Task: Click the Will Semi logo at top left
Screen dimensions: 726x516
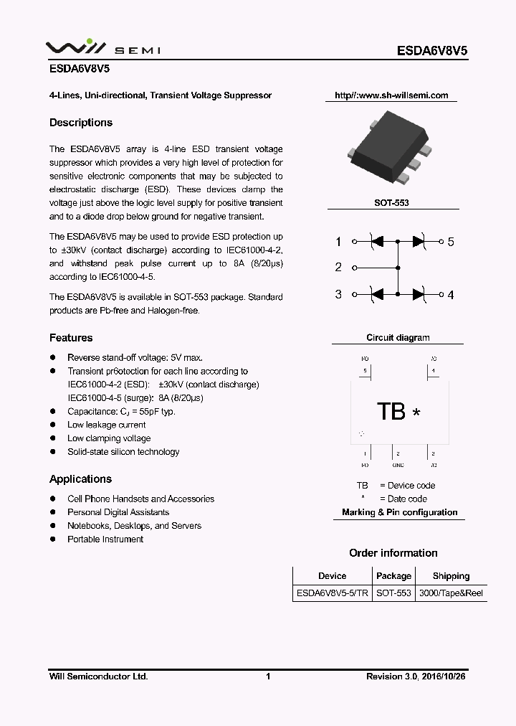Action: tap(103, 47)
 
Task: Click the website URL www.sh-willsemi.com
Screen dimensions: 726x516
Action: tap(391, 95)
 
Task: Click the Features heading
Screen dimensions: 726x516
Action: tap(71, 338)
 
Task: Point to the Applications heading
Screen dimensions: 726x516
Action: tap(80, 479)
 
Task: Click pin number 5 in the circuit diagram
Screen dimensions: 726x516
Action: tap(451, 242)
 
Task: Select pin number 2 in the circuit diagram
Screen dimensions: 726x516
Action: tap(338, 268)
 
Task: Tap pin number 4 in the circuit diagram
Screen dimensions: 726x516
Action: tap(451, 295)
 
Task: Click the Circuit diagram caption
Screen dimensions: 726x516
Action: tap(398, 338)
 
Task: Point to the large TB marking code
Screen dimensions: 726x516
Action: tap(391, 412)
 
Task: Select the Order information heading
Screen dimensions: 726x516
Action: tap(393, 553)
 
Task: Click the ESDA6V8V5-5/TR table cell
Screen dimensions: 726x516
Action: tap(332, 593)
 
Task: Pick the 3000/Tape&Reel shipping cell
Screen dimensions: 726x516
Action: tap(451, 593)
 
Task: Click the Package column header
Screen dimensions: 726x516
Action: tap(393, 576)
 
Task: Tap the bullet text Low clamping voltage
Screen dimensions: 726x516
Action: tap(109, 438)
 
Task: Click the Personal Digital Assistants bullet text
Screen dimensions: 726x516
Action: tap(118, 512)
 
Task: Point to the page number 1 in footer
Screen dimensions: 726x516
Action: tap(268, 676)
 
